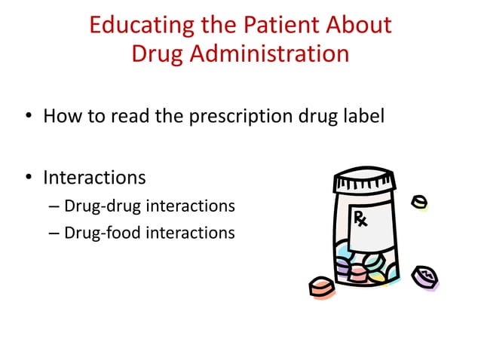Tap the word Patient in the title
tap(275, 25)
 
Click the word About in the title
tap(353, 25)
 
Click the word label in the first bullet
tap(366, 117)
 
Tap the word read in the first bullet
tap(127, 117)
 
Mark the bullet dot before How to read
tap(28, 118)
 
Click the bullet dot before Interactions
tap(28, 178)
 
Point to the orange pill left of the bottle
tap(321, 287)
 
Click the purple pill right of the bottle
tap(425, 276)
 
